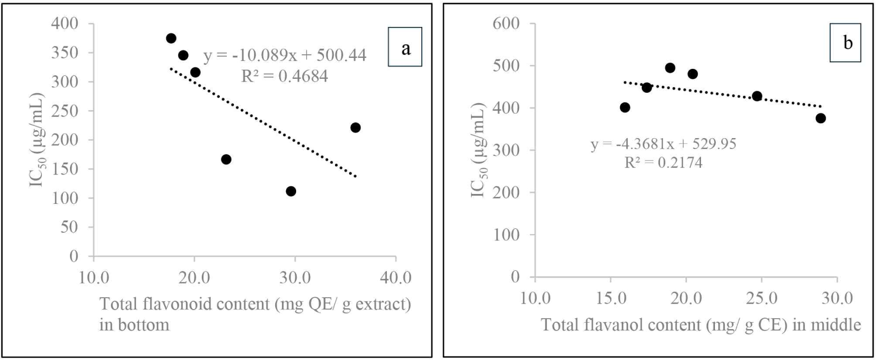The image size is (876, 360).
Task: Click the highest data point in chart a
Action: (171, 38)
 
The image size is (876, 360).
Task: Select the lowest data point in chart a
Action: (291, 191)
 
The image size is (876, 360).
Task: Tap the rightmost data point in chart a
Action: (355, 128)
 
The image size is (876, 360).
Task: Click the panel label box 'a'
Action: (405, 47)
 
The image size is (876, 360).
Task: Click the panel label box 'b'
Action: (845, 43)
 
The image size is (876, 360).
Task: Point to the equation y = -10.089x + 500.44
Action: (285, 55)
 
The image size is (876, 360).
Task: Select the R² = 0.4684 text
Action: (285, 76)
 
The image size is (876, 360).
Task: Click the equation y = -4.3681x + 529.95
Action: (664, 144)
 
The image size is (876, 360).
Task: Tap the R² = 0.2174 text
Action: (664, 163)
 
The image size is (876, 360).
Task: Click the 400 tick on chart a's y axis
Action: (65, 23)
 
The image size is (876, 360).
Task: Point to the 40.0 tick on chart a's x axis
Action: (396, 277)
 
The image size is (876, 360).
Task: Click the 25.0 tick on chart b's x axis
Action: (761, 298)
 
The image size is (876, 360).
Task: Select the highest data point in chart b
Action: (670, 68)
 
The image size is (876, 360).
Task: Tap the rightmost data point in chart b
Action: (821, 118)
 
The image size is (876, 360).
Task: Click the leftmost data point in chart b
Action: (625, 107)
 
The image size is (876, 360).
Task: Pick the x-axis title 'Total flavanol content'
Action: (701, 325)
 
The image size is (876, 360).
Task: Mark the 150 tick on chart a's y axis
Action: (65, 169)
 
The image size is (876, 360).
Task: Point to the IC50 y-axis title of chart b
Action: (478, 150)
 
